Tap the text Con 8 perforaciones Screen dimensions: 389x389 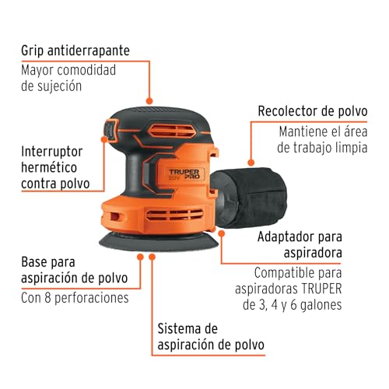click(75, 297)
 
